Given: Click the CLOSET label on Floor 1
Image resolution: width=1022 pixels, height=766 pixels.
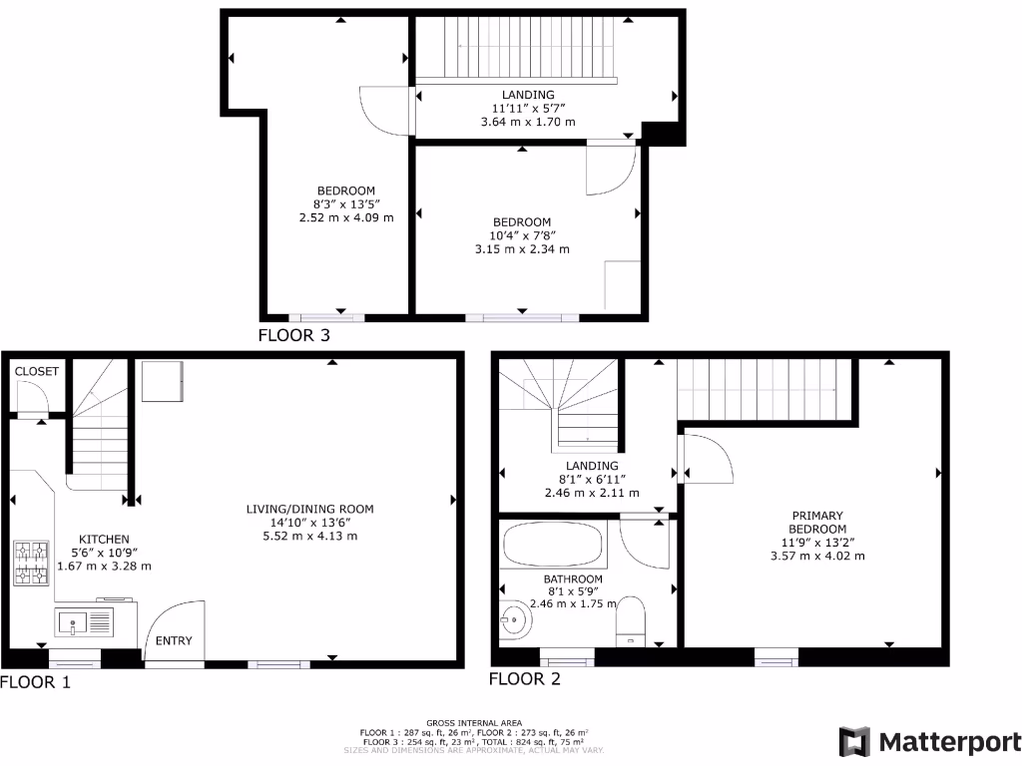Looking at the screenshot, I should [x=37, y=371].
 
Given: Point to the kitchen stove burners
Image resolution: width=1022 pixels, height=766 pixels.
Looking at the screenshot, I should [x=31, y=563].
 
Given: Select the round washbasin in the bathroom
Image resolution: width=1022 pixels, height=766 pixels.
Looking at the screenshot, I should [x=515, y=621].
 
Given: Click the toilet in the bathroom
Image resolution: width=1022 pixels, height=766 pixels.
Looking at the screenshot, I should [x=631, y=618].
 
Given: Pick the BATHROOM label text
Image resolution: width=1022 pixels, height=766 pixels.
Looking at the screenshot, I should [x=573, y=579].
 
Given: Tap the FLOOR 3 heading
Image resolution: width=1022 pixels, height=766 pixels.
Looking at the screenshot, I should [x=293, y=335].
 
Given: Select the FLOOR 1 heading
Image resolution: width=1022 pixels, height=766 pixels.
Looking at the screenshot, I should [x=36, y=683].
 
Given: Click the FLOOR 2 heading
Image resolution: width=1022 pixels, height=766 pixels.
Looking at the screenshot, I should [x=524, y=679].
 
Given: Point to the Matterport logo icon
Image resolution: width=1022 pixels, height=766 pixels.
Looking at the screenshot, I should [x=854, y=741].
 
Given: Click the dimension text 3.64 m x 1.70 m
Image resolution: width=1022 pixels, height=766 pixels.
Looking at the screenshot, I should [x=528, y=122].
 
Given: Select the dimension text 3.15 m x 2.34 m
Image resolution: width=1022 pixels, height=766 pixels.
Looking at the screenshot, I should [x=522, y=248].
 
